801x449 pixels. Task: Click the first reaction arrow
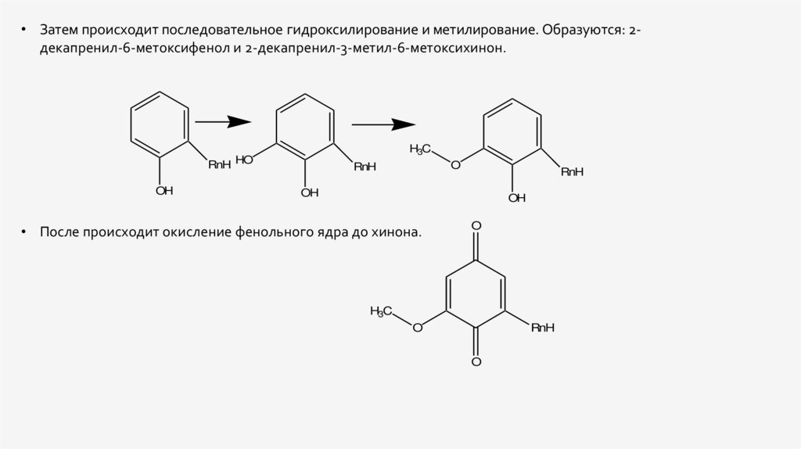click(223, 121)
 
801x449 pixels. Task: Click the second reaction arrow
click(383, 124)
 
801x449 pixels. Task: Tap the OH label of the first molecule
click(164, 191)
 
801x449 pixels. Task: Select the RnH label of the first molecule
click(220, 164)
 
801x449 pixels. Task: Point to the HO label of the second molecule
click(244, 160)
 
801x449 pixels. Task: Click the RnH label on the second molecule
click(365, 167)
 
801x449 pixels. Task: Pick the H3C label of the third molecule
click(420, 149)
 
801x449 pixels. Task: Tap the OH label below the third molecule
click(517, 198)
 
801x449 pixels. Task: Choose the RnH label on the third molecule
click(572, 172)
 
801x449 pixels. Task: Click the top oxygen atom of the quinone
click(476, 226)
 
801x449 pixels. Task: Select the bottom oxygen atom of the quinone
click(476, 361)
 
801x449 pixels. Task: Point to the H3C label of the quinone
click(381, 311)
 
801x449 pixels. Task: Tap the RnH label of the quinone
click(543, 328)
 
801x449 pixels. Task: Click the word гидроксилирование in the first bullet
click(352, 30)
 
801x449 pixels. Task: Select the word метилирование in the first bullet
click(486, 30)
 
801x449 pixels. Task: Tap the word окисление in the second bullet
click(196, 232)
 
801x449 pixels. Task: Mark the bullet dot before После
click(23, 232)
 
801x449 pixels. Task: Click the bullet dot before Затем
click(23, 31)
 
